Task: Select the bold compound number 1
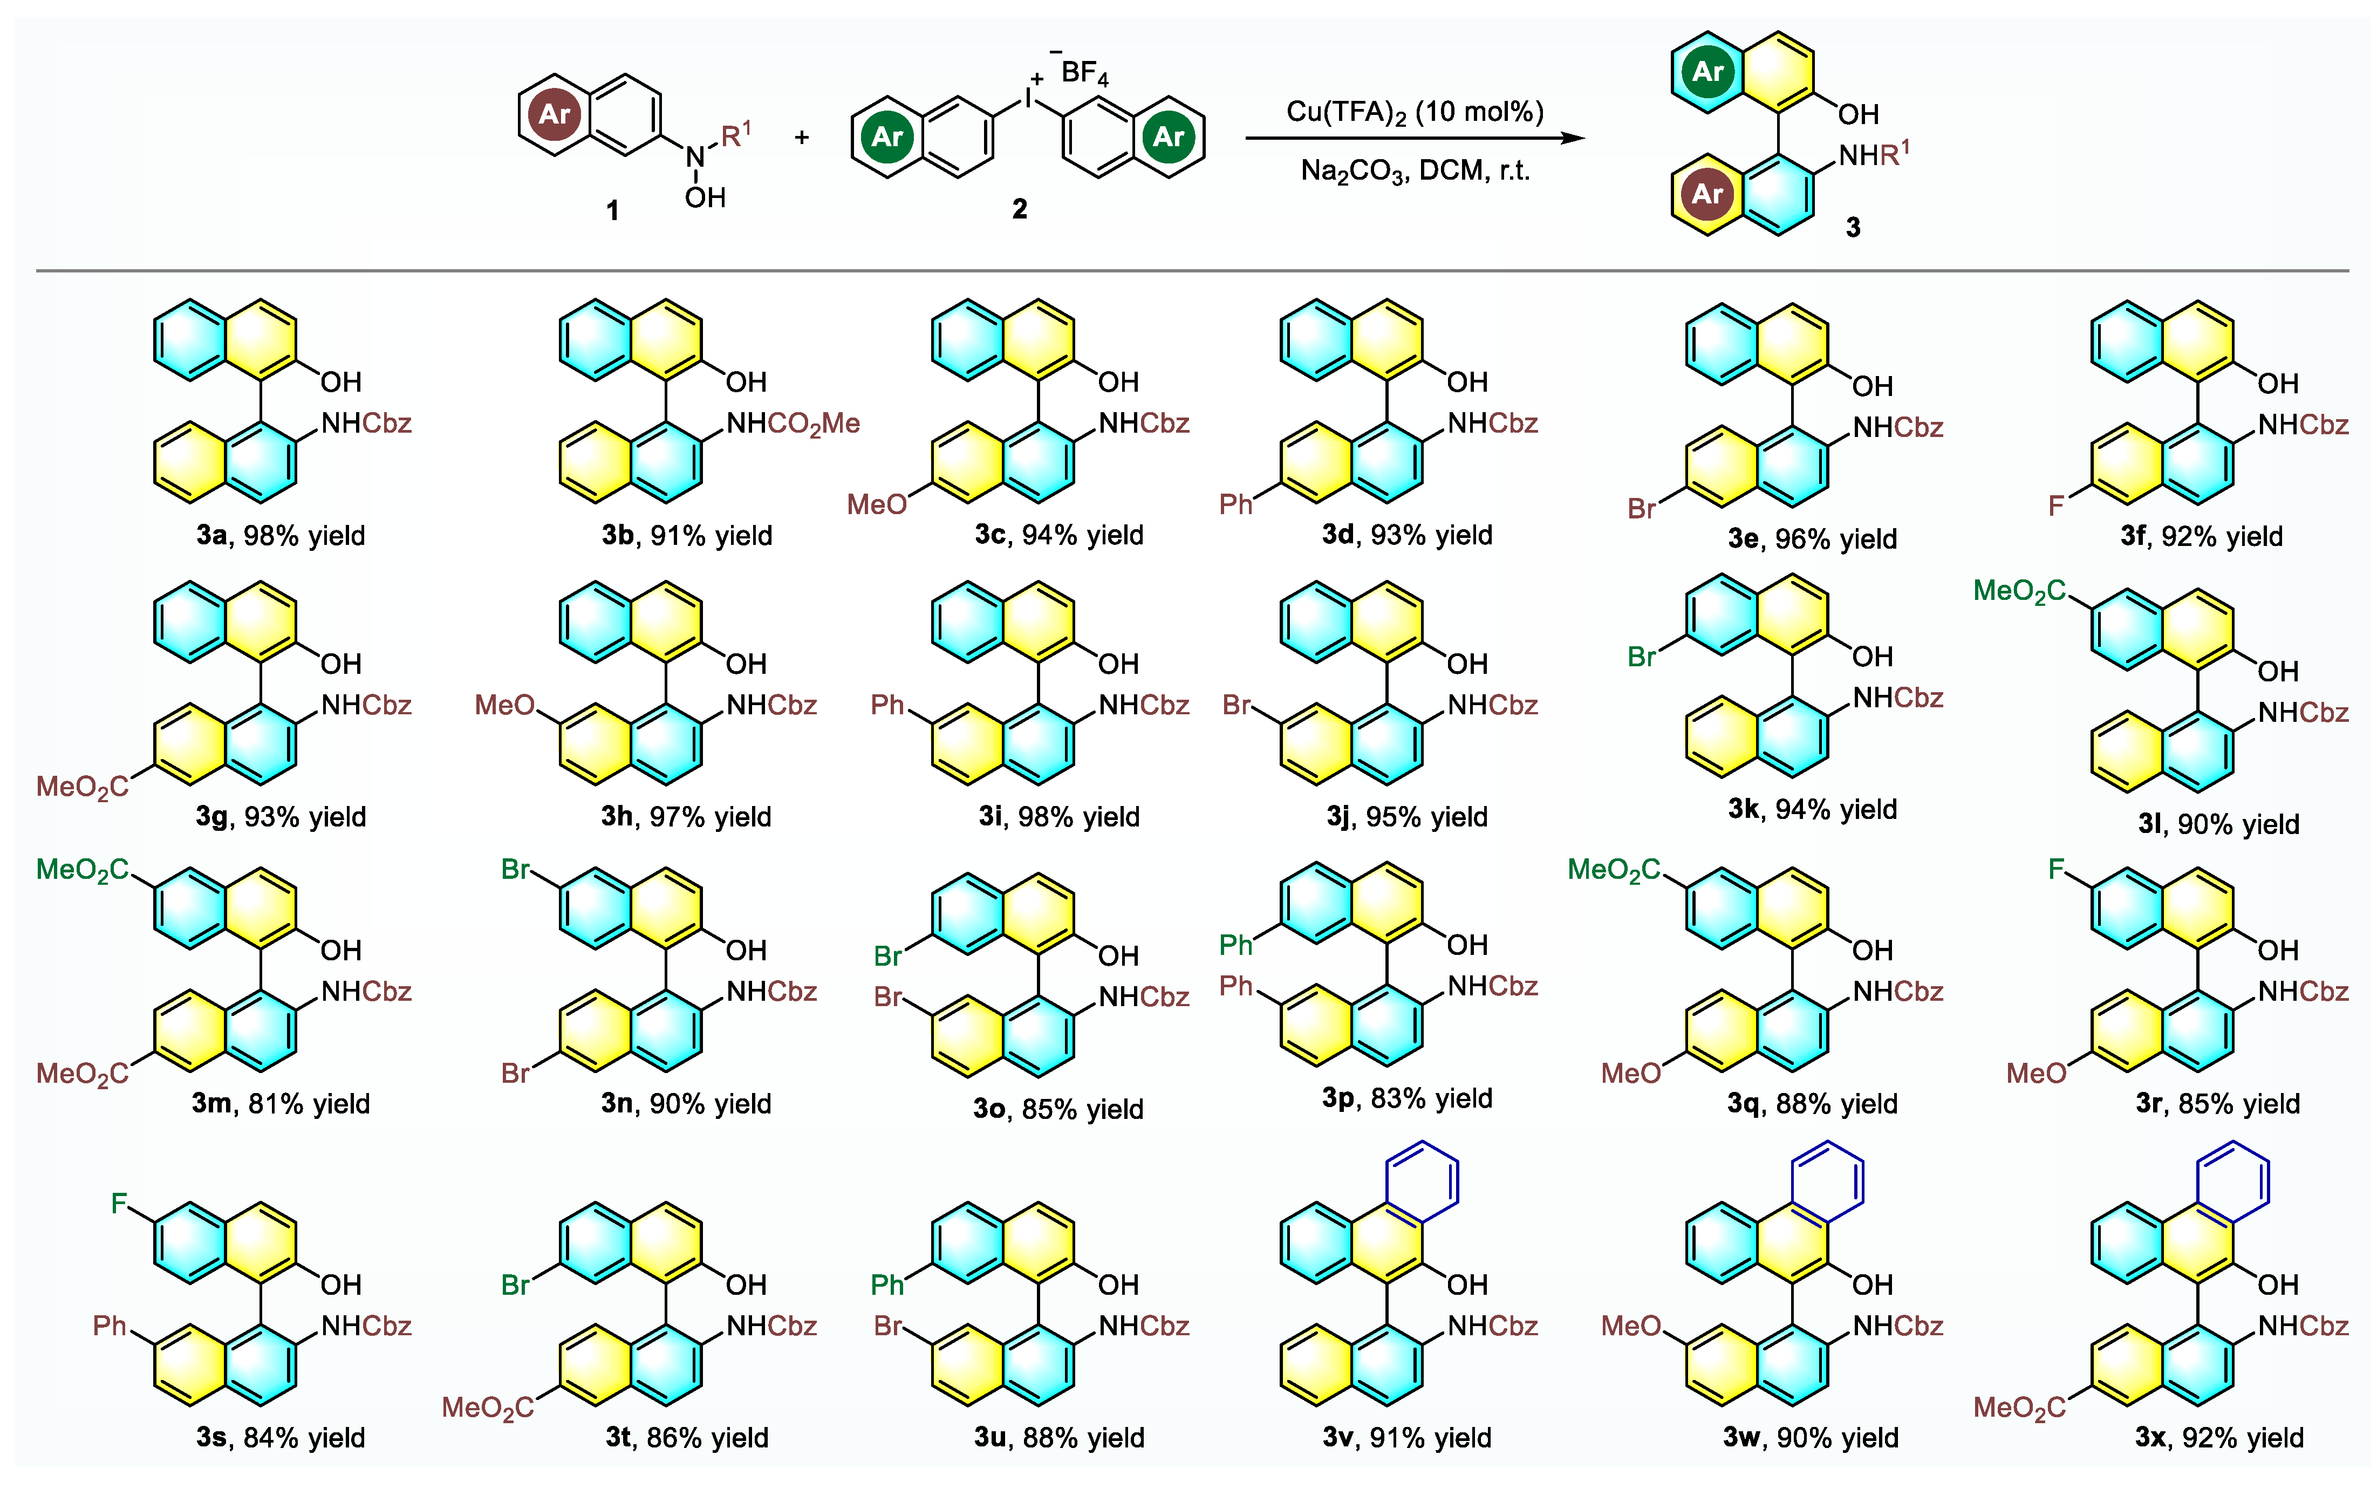tap(612, 210)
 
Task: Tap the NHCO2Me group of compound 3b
tap(793, 424)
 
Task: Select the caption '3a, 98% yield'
tap(281, 536)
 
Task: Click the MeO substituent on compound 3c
tap(876, 505)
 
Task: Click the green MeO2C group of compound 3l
tap(2019, 591)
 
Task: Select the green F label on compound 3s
tap(119, 1204)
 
